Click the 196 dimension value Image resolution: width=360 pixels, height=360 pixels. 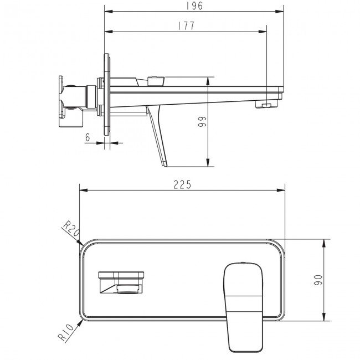tap(194, 6)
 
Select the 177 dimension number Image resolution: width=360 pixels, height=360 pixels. tap(186, 25)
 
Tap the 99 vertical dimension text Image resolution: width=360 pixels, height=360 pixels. tap(202, 121)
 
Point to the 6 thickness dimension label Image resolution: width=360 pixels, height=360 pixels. tap(88, 137)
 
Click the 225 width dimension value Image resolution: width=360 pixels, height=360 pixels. tap(182, 184)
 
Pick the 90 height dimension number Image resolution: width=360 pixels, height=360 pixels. tap(318, 280)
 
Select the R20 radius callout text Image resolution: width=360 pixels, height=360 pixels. tap(71, 228)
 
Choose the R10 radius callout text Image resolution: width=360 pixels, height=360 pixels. tap(66, 332)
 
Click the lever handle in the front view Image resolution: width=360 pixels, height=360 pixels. tap(243, 307)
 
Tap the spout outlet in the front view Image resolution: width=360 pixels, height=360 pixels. tap(121, 282)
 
